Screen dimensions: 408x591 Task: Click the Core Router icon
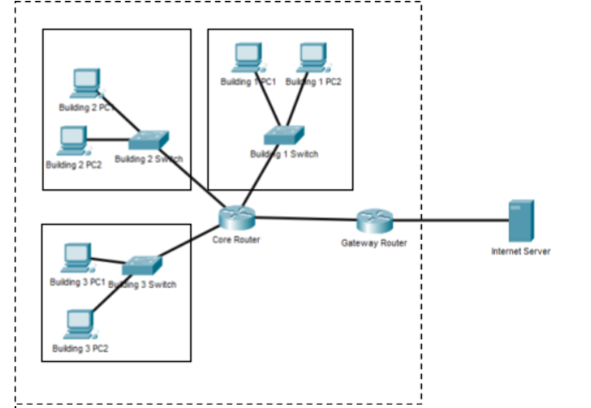point(232,218)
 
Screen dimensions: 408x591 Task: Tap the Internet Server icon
point(521,221)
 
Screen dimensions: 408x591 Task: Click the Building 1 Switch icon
point(283,135)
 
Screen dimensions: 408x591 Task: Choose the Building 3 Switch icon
point(141,265)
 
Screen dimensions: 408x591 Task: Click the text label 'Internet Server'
point(521,251)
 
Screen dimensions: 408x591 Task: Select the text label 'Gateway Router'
point(374,243)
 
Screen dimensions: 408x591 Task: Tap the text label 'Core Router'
point(236,240)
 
